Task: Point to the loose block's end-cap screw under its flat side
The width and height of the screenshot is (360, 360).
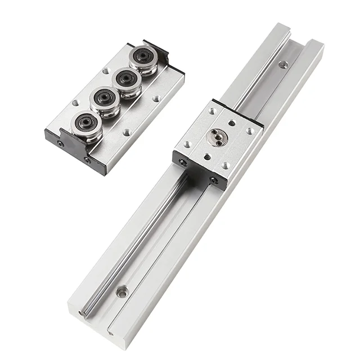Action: point(88,160)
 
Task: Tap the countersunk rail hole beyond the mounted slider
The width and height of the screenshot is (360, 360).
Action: point(282,64)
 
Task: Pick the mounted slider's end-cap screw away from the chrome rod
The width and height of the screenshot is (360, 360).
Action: point(214,181)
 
